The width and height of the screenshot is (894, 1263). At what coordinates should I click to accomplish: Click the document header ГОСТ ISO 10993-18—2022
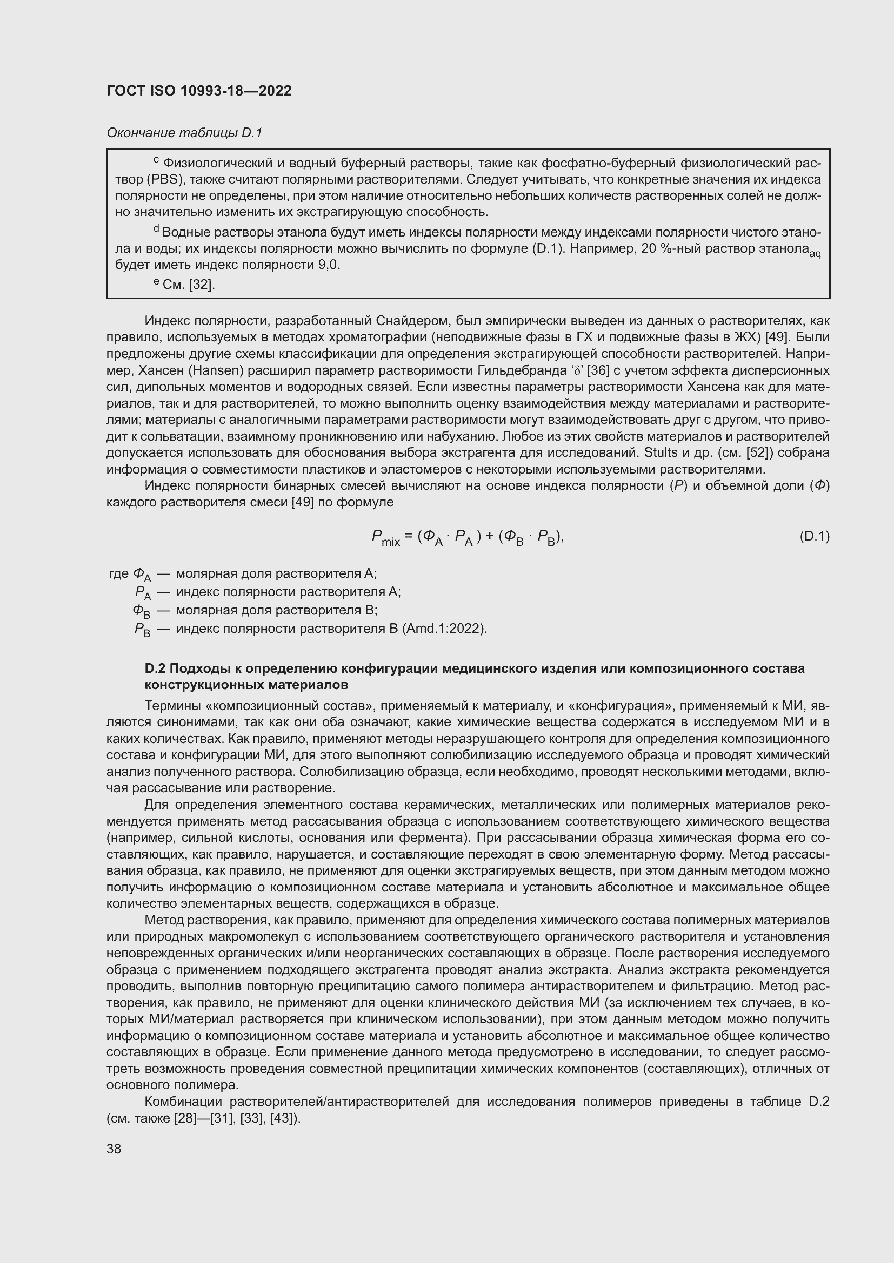click(199, 91)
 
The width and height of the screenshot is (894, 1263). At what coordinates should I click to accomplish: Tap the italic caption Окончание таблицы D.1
click(184, 133)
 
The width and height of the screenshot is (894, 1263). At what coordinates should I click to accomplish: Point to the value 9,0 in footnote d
click(328, 265)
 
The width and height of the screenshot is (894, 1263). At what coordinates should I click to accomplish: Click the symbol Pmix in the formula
click(385, 537)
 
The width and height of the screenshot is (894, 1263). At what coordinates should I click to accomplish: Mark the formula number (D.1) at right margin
click(813, 536)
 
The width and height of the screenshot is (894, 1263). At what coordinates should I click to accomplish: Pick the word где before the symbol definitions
click(119, 574)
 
